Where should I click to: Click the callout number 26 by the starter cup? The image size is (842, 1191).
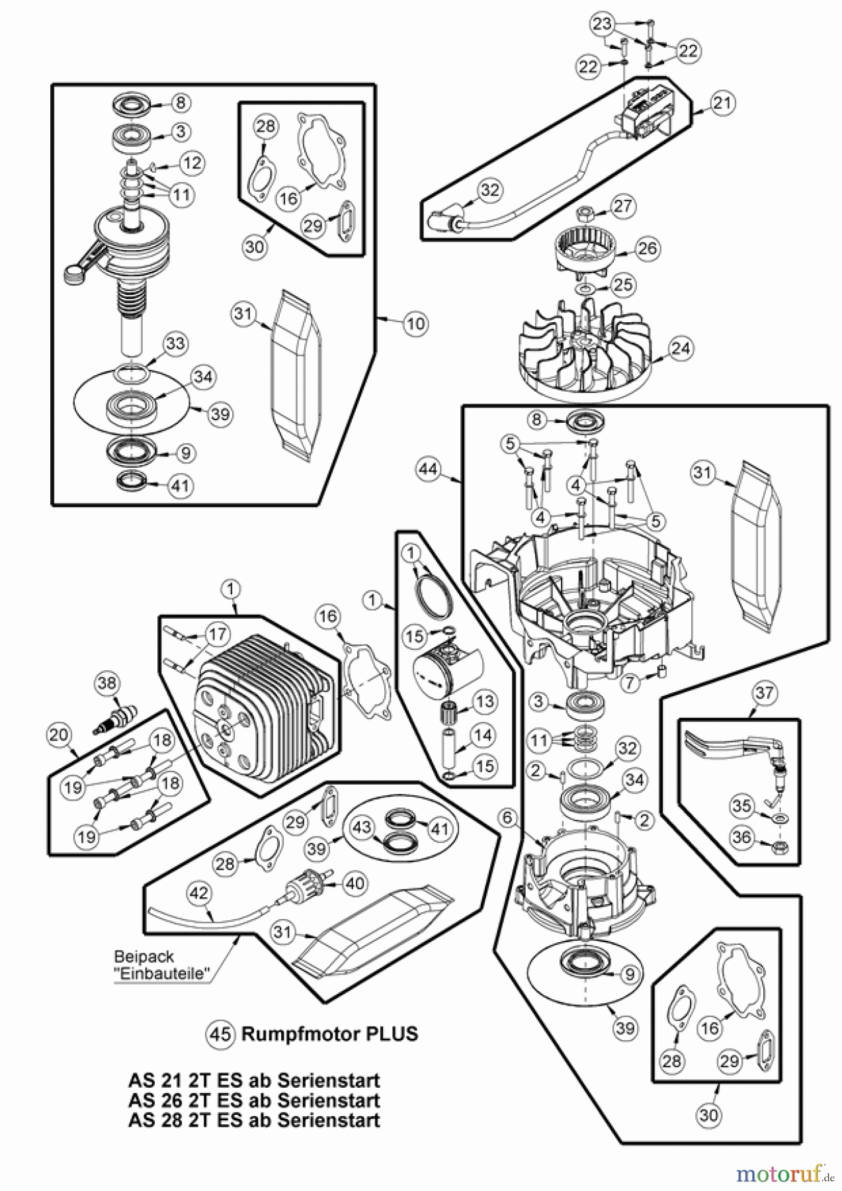coord(647,248)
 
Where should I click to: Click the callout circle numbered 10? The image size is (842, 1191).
coord(415,324)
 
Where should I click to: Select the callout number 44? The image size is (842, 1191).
coord(429,469)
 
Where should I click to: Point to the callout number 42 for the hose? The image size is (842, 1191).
coord(199,893)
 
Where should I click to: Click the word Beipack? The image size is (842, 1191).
coord(144,957)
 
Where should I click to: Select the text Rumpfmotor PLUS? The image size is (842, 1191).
coord(329,1034)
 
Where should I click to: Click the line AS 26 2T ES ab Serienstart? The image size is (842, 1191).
coord(254,1100)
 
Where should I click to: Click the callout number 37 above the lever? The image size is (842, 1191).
coord(764,693)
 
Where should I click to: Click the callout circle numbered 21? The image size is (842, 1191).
coord(724,103)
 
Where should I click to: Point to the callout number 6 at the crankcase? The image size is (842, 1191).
coord(507,818)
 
